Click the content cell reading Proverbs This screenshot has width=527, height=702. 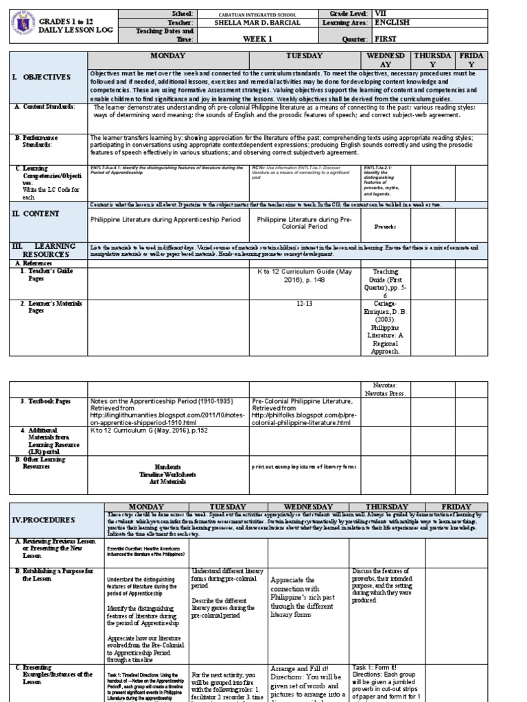coord(386,226)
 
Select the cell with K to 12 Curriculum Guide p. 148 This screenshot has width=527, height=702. coord(305,276)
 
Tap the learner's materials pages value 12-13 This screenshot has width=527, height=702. coord(305,303)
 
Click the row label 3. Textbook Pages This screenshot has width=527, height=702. coord(45,400)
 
